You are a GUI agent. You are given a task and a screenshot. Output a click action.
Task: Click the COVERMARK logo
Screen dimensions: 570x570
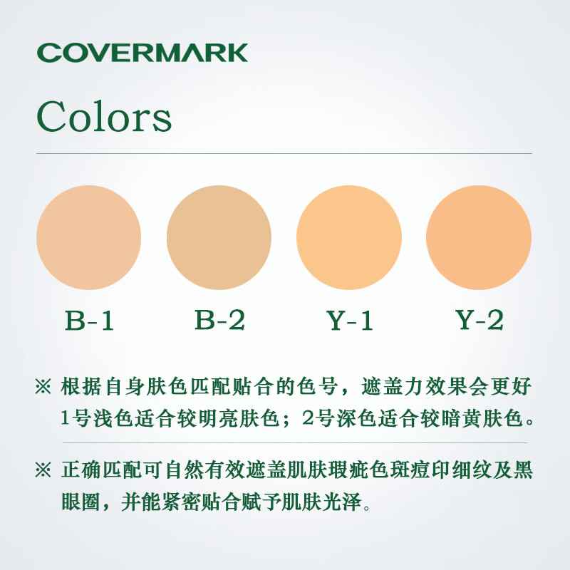[x=142, y=53]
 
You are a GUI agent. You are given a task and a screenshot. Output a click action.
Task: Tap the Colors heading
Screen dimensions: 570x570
[x=104, y=117]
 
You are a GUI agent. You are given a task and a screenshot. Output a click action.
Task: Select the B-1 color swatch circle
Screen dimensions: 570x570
[x=88, y=237]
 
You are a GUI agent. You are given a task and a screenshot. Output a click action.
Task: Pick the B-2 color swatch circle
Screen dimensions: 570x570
[x=219, y=237]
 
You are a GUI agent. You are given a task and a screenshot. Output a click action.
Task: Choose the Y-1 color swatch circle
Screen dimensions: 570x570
[x=349, y=237]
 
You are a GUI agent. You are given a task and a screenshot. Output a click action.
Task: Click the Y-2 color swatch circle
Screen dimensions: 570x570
[x=479, y=237]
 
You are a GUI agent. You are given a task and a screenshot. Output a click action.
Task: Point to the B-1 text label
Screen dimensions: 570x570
[x=89, y=320]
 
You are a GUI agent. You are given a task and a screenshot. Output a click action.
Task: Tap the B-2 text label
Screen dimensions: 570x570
[x=219, y=320]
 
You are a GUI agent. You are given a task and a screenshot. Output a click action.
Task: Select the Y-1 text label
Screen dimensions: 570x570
[x=350, y=320]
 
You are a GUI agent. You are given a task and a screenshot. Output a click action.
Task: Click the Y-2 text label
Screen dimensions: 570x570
[x=480, y=320]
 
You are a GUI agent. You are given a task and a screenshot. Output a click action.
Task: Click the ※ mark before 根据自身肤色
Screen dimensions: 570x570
[x=43, y=386]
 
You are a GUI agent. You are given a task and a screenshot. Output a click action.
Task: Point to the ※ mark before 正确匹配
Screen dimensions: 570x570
[x=43, y=470]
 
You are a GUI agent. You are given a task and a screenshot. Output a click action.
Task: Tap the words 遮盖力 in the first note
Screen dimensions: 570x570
[x=392, y=386]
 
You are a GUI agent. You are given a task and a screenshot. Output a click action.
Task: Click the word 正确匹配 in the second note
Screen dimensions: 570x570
[x=102, y=470]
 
